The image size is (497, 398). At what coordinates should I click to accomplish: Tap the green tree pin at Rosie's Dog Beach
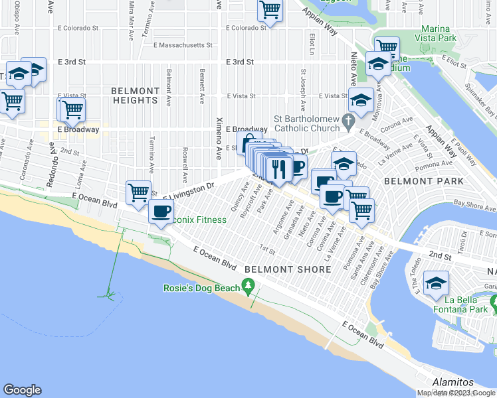click(249, 287)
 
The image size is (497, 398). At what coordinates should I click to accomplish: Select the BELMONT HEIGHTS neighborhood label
click(136, 96)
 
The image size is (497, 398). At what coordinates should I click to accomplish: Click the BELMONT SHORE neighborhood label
click(288, 269)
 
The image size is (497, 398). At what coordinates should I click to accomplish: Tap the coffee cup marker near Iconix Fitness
click(161, 212)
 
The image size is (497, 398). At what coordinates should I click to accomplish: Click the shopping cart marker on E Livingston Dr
click(138, 193)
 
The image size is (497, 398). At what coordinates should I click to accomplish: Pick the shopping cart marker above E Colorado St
click(270, 11)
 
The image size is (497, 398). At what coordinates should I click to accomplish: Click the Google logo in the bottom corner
click(22, 390)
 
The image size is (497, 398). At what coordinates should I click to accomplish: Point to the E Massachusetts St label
click(183, 46)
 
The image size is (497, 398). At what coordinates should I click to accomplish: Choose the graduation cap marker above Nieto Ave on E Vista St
click(361, 101)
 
